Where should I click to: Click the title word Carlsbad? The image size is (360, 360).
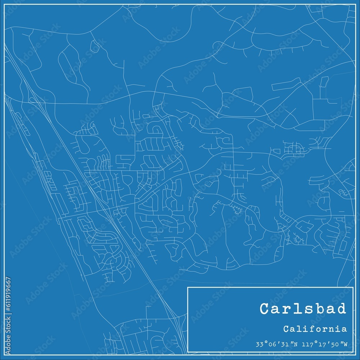click(303, 309)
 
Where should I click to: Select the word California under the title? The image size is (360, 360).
click(315, 329)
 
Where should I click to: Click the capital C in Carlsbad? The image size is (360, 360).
click(265, 309)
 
